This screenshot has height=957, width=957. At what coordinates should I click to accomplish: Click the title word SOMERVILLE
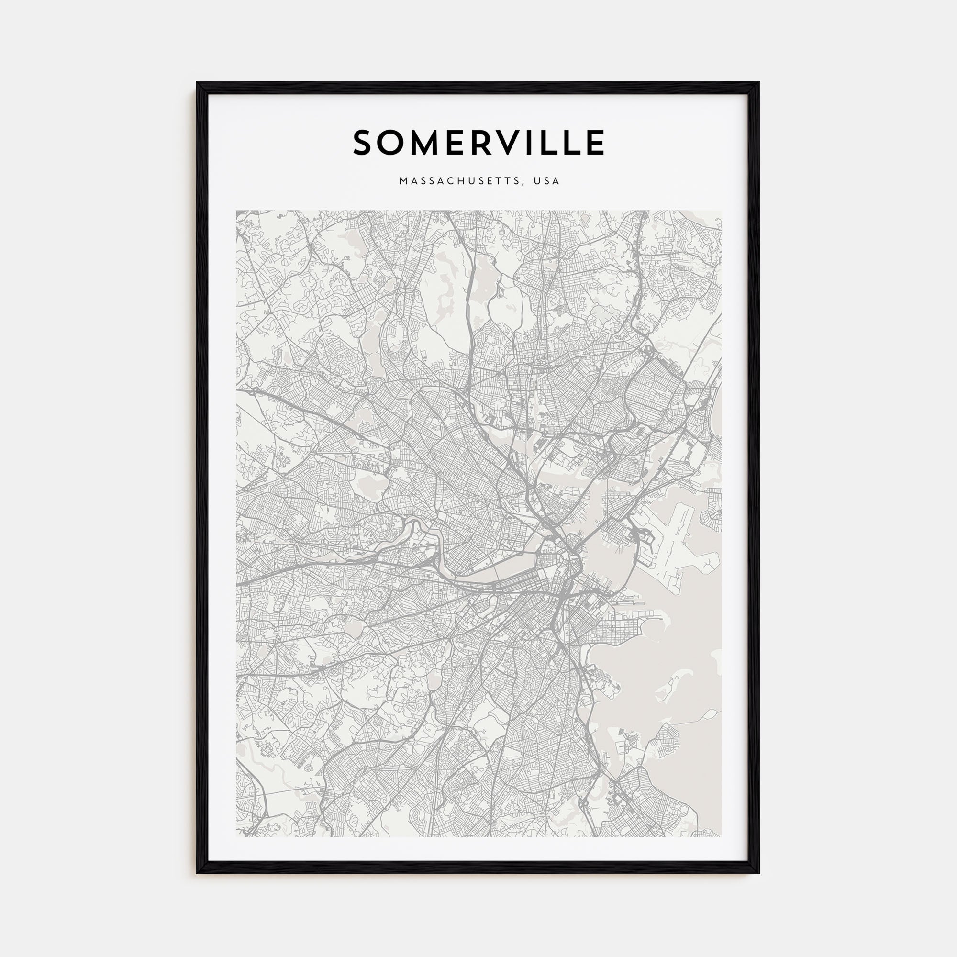[478, 143]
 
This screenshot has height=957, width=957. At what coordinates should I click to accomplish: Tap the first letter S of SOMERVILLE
[364, 143]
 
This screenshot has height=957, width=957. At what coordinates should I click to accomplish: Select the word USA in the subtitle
[546, 181]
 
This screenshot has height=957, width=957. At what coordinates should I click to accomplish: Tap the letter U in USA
[536, 181]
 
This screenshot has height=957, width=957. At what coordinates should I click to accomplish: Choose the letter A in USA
[556, 181]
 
